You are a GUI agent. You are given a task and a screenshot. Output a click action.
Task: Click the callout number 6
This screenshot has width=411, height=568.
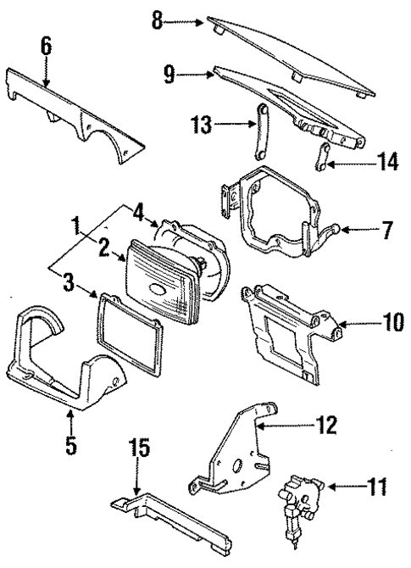point(46,47)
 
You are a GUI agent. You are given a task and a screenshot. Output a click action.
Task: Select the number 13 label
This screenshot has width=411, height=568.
point(198,125)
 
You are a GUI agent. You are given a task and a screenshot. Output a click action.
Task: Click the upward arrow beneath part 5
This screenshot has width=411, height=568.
point(70,414)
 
